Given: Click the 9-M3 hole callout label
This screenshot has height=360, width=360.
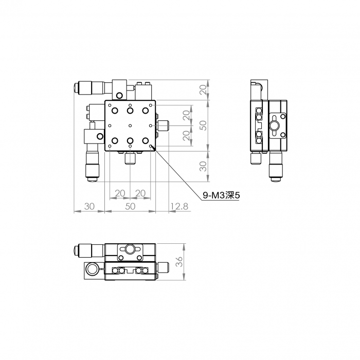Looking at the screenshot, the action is coord(221,195).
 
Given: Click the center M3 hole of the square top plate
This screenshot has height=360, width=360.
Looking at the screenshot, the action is coord(130,125).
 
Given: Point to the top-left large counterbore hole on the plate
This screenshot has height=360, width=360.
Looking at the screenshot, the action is coord(115,111).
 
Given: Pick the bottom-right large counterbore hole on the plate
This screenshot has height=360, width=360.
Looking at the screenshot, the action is coord(145,140).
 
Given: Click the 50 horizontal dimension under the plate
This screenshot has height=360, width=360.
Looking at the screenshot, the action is coord(130,206).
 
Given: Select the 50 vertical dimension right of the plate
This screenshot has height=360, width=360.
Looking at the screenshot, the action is coord(203,125).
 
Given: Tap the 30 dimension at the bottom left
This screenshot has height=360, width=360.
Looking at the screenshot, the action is coord(89,206).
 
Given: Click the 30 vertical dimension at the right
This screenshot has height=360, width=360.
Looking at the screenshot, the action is coord(203,166).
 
